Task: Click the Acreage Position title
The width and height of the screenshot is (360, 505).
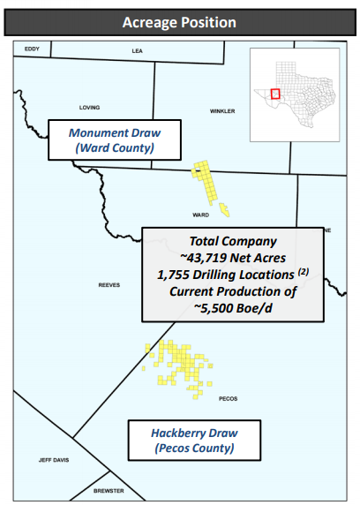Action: pyautogui.click(x=180, y=21)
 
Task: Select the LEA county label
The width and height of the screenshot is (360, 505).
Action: pyautogui.click(x=137, y=51)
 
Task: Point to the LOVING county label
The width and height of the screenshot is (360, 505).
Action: pyautogui.click(x=89, y=108)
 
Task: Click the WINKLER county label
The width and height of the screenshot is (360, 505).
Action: pyautogui.click(x=222, y=111)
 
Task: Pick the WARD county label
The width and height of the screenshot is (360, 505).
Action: pyautogui.click(x=200, y=215)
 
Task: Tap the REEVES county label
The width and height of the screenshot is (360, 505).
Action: pyautogui.click(x=109, y=285)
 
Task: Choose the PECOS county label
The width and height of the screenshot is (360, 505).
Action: pyautogui.click(x=227, y=398)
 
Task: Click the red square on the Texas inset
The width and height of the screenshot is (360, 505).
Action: pyautogui.click(x=274, y=93)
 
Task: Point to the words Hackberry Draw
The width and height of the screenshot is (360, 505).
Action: pyautogui.click(x=194, y=433)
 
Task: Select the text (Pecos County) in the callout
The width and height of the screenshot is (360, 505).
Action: pyautogui.click(x=194, y=448)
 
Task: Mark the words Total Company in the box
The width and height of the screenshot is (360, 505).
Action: pyautogui.click(x=233, y=240)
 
